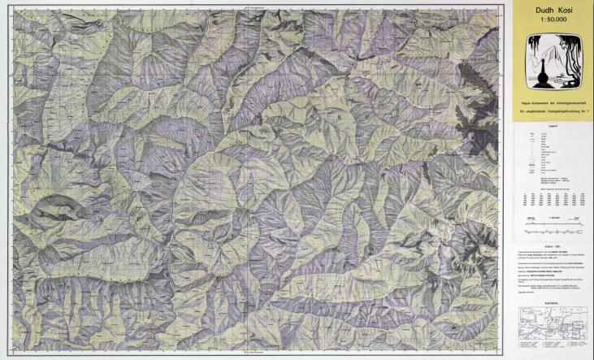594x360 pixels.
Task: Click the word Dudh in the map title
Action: tap(541, 11)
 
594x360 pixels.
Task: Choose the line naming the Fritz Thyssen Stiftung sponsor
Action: tap(540, 278)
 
